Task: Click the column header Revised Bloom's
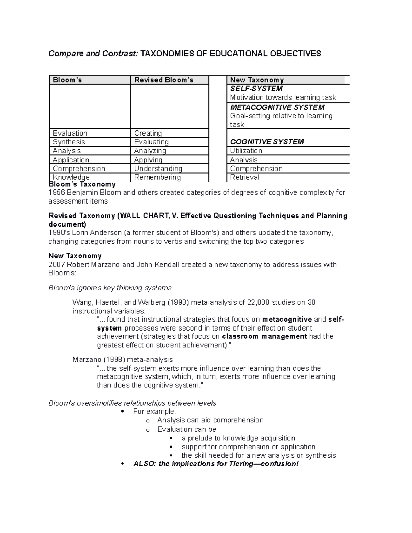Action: [164, 80]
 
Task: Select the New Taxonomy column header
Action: [257, 80]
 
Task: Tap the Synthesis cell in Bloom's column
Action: [69, 142]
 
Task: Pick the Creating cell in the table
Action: [148, 133]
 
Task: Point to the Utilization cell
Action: [246, 151]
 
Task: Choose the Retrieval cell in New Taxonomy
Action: [244, 177]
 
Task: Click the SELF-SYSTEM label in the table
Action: [256, 89]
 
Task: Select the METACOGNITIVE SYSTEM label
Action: [277, 107]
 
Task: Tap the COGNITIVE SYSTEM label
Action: [267, 142]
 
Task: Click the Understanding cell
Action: [158, 169]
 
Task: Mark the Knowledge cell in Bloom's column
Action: [71, 177]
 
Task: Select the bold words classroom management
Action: [264, 336]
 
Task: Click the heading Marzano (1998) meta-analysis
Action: [123, 360]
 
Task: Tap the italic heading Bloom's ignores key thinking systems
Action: [110, 288]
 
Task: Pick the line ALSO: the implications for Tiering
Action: [216, 464]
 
